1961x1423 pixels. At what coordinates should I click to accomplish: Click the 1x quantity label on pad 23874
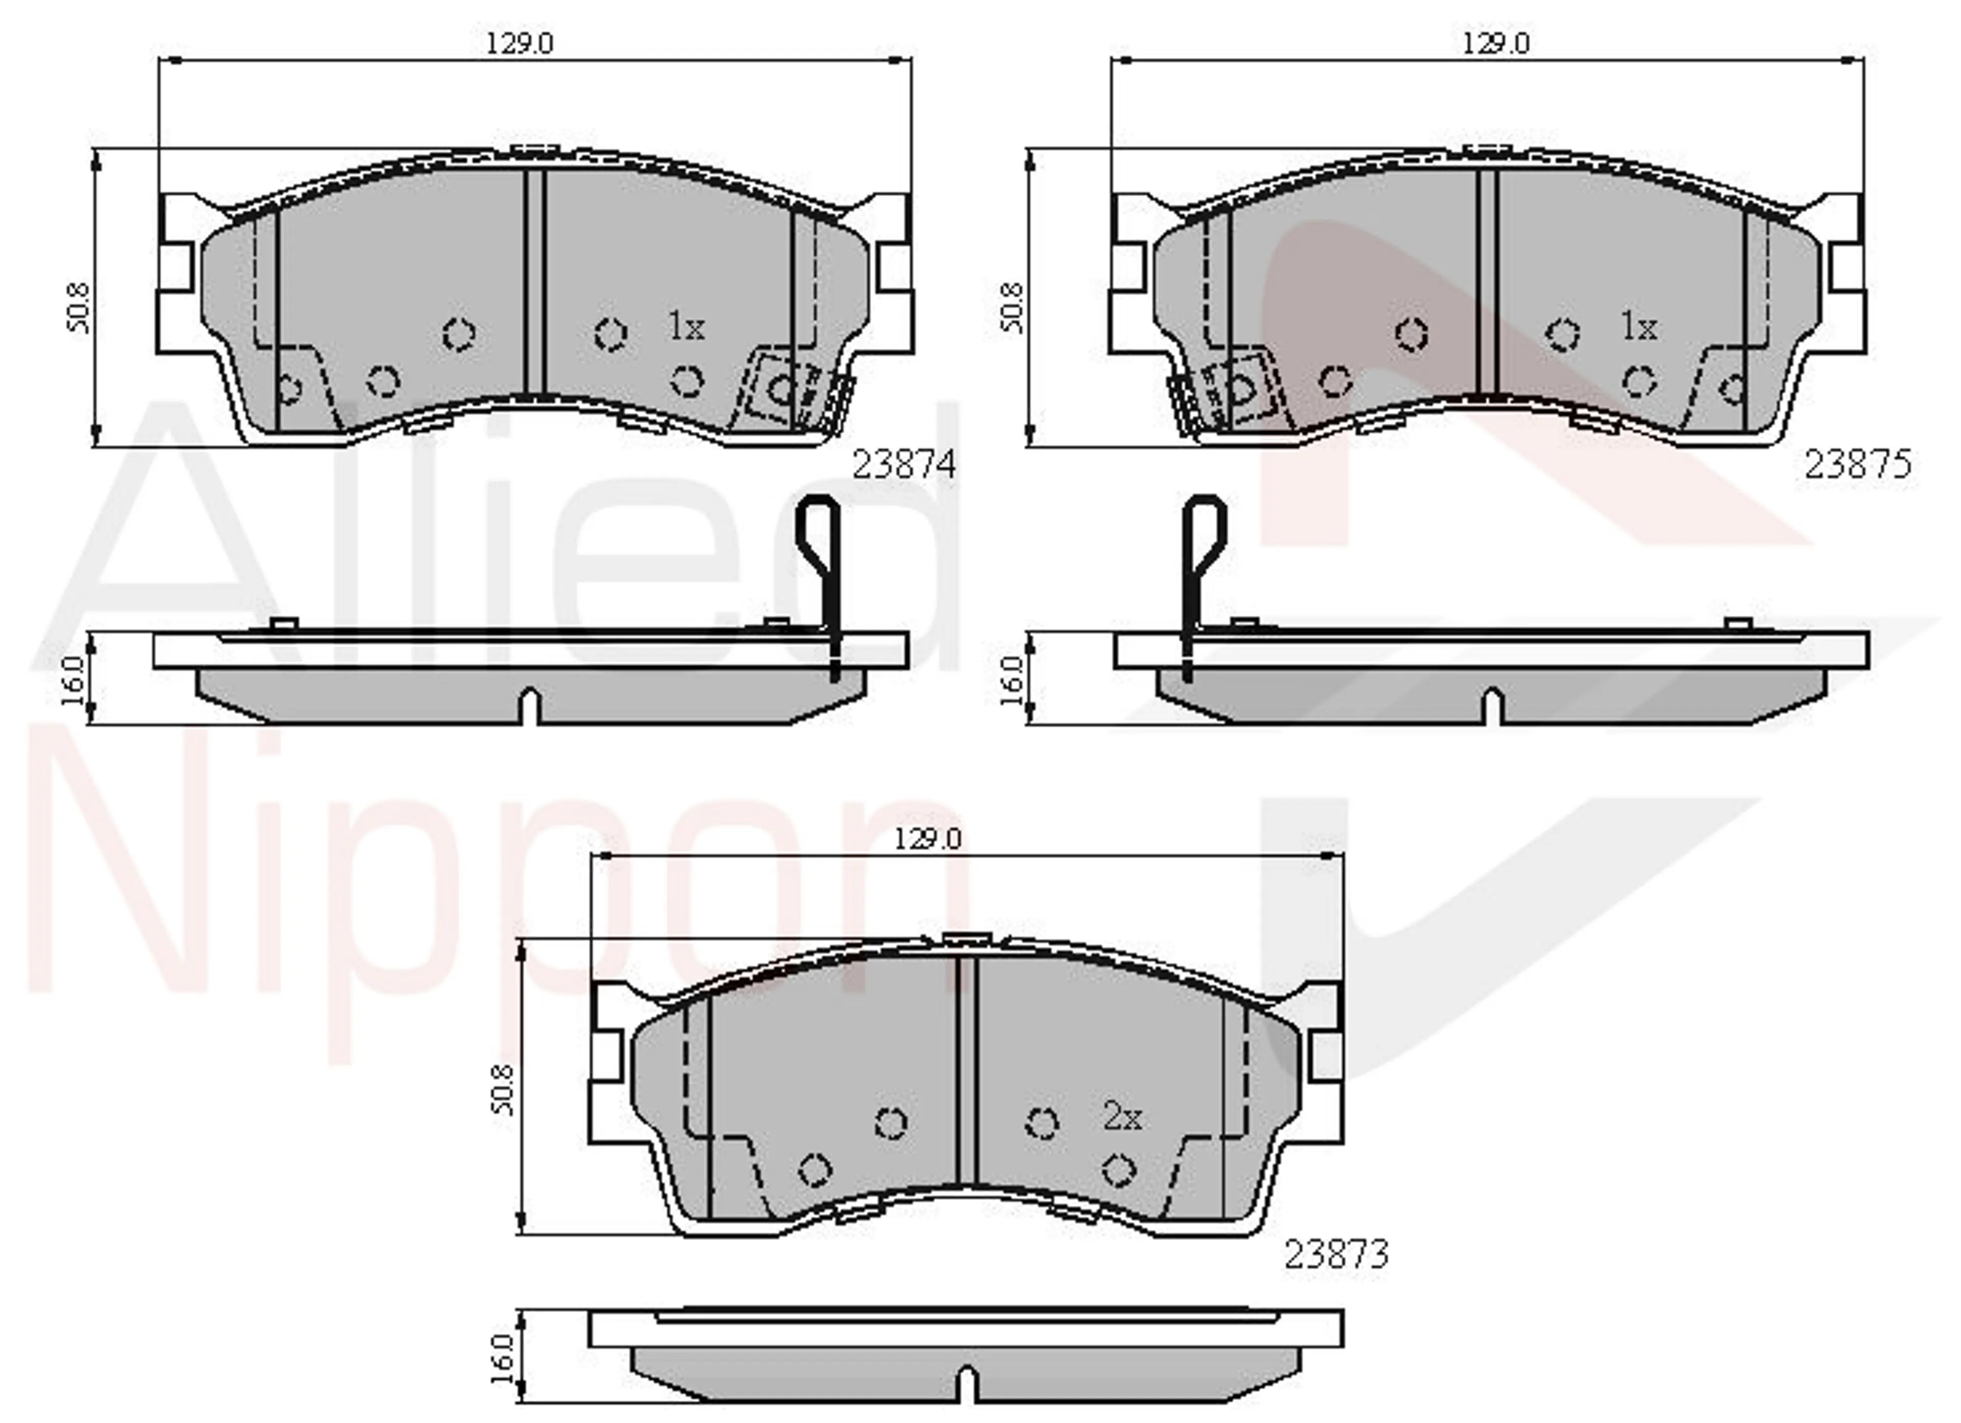(686, 327)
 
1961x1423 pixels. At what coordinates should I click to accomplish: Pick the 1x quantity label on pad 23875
(1638, 327)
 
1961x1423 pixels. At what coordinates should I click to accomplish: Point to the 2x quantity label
(1122, 1117)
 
